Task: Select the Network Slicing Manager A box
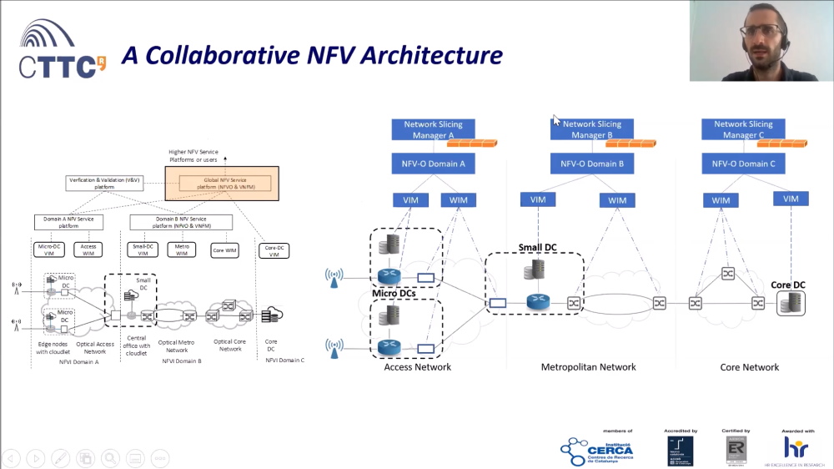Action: tap(434, 129)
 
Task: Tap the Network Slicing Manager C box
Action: tap(743, 129)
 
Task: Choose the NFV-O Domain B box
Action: tap(591, 164)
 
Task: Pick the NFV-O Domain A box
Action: tap(434, 164)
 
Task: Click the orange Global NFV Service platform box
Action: tap(222, 181)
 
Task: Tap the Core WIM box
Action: tap(225, 249)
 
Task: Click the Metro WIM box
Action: tap(182, 249)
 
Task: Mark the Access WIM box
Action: tap(89, 249)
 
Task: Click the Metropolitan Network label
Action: tap(588, 367)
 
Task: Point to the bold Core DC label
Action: tap(787, 285)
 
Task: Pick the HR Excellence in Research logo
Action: tap(796, 448)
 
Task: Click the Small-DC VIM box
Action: tap(143, 249)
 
